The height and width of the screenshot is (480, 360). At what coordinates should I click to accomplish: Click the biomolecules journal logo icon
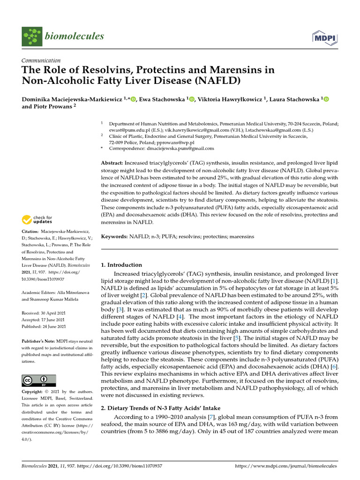coord(31,36)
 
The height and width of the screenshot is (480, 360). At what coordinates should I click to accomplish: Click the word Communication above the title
coord(41,60)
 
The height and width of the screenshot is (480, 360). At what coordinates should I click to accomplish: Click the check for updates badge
coord(37,219)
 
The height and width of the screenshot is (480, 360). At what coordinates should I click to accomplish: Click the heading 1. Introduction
coord(122,265)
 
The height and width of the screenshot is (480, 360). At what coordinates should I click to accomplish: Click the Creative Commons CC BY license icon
coord(39,380)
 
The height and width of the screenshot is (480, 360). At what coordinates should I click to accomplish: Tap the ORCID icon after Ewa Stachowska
coord(192,99)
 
